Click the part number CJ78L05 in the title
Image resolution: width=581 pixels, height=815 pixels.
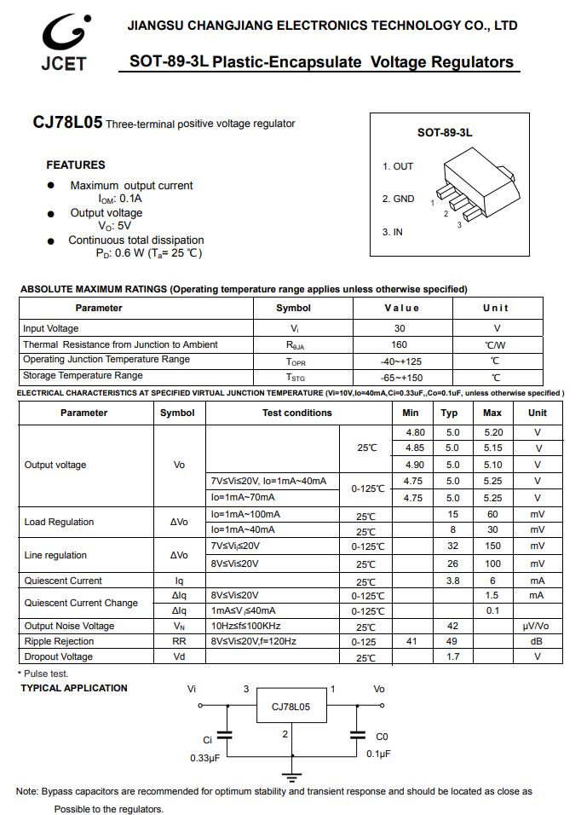(67, 123)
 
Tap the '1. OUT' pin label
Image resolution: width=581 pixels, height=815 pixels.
(398, 166)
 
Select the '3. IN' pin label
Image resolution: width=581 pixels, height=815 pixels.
(393, 232)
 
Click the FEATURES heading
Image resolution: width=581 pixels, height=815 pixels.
(76, 165)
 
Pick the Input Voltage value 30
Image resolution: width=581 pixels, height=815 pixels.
(400, 328)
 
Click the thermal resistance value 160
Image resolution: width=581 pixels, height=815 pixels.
(400, 344)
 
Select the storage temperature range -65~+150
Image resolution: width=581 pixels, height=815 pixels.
(401, 377)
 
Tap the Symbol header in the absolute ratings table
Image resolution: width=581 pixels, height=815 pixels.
(294, 308)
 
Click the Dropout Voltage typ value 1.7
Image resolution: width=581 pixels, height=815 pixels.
(452, 657)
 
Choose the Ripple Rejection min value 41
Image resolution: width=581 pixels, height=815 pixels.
(411, 641)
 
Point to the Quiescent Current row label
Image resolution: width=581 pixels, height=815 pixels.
(63, 581)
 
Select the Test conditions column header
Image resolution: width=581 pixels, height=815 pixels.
(296, 413)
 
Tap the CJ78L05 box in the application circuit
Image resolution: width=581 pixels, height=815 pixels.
(291, 707)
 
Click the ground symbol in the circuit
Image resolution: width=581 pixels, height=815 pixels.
(293, 777)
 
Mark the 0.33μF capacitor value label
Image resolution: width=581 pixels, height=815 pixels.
(204, 758)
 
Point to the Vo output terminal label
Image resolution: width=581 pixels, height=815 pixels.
(379, 689)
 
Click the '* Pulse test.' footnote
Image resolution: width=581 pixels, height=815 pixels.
(44, 673)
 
